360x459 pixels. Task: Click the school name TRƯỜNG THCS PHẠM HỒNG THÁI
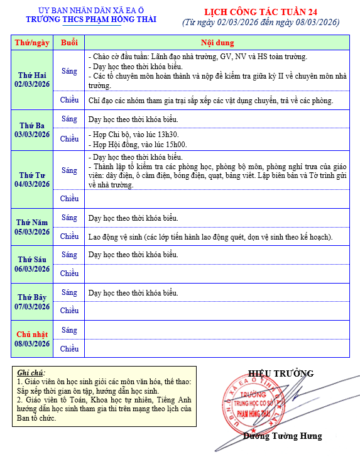(91, 20)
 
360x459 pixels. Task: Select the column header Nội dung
(217, 43)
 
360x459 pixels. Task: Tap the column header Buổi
(69, 43)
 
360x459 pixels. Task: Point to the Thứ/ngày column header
(32, 43)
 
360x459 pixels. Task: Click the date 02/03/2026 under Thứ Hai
(32, 84)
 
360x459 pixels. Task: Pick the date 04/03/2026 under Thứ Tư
(32, 184)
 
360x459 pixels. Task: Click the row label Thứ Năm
(32, 222)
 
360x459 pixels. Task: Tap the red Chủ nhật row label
(32, 334)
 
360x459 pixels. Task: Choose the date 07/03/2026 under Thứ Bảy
(32, 306)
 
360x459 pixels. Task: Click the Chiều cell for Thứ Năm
(69, 236)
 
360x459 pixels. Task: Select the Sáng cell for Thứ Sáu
(69, 255)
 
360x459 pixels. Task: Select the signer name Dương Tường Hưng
(282, 436)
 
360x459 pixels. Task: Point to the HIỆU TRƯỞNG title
(280, 373)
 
